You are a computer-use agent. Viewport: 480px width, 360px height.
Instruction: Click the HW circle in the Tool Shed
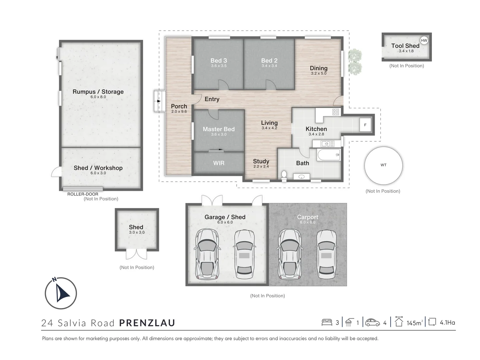point(424,41)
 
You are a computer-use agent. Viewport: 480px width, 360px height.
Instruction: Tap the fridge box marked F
point(365,125)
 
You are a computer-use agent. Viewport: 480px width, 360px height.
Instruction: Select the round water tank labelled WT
point(383,165)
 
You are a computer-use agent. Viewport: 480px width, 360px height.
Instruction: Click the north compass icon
point(61,293)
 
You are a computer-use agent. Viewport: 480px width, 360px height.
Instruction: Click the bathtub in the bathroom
point(328,155)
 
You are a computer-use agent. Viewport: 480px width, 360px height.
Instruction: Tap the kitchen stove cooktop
point(336,112)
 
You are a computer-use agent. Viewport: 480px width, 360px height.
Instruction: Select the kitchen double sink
point(327,144)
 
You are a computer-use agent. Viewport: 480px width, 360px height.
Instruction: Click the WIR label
point(219,163)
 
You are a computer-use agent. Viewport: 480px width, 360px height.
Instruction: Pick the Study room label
point(261,161)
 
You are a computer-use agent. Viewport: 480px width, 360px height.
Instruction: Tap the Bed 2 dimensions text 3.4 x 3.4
point(269,66)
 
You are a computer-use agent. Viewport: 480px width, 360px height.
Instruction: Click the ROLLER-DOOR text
point(83,194)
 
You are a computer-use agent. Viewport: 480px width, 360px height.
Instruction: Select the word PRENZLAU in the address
point(147,323)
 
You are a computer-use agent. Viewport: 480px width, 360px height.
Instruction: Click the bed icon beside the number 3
point(327,322)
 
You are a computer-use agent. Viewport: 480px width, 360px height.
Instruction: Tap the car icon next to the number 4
point(372,322)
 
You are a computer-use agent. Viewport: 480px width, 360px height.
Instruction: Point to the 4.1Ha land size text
point(447,322)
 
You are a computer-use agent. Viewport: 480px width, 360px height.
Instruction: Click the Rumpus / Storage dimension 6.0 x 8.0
point(98,97)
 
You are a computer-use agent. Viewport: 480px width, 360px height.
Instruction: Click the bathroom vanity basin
point(301,177)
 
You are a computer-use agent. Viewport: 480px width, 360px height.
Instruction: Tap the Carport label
point(307,217)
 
